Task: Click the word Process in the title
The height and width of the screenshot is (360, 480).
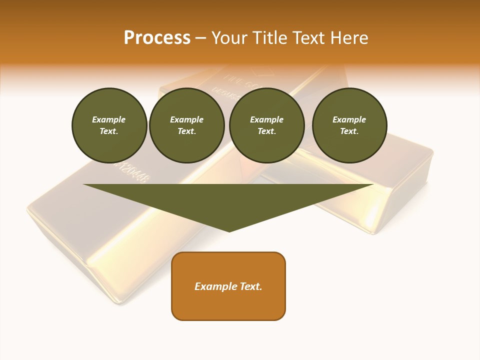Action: point(157,38)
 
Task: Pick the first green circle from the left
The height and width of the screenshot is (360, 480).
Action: point(109,125)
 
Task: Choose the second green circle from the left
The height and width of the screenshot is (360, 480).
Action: point(186,125)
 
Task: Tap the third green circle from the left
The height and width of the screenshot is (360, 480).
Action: point(266,125)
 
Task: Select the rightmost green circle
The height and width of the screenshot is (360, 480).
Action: point(349,125)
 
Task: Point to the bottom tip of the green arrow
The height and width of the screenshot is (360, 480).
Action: point(229,231)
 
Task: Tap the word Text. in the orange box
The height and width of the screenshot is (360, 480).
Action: point(251,286)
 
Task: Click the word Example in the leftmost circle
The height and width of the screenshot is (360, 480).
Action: point(109,119)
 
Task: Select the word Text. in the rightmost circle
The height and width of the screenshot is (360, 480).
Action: point(349,131)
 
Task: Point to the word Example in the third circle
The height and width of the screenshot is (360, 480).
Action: point(266,119)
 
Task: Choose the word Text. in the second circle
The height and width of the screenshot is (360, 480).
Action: point(186,131)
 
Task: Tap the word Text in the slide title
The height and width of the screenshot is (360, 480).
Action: point(308,38)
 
